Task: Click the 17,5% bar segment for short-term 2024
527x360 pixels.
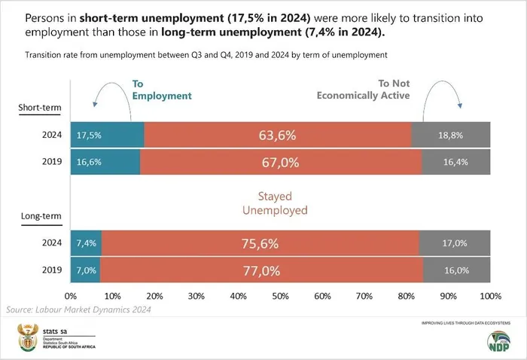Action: coord(107,136)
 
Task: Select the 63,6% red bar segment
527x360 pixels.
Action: coord(277,136)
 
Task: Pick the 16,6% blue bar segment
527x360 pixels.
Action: coord(105,162)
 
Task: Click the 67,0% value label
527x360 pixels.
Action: coord(281,162)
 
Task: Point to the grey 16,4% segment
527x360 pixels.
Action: coord(455,162)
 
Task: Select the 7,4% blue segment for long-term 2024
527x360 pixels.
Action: coord(86,243)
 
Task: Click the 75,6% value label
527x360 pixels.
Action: coord(260,243)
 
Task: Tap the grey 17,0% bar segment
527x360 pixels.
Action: coord(454,243)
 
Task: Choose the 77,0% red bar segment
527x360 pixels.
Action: coord(261,270)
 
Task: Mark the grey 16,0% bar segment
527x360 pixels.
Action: coord(456,270)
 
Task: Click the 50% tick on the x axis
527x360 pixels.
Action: coord(281,295)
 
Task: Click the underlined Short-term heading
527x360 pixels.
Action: coord(40,108)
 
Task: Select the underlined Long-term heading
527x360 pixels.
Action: coord(39,217)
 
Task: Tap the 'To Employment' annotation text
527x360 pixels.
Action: coord(161,90)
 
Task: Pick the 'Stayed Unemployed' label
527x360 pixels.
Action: coord(274,203)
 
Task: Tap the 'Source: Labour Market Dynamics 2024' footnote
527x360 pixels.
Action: coord(79,310)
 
